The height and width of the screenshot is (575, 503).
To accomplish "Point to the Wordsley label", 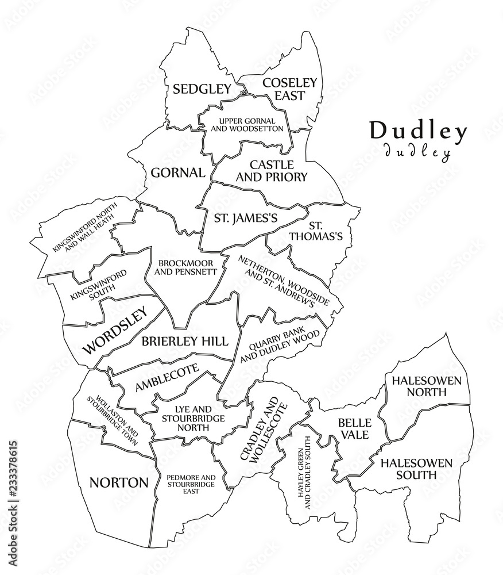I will pyautogui.click(x=115, y=329).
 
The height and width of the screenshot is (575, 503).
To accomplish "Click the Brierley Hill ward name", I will pyautogui.click(x=185, y=340).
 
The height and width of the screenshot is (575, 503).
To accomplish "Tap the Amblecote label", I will pyautogui.click(x=167, y=378).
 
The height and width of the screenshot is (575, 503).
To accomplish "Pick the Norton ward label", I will pyautogui.click(x=118, y=482).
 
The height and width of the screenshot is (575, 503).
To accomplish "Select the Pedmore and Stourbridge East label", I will pyautogui.click(x=191, y=485).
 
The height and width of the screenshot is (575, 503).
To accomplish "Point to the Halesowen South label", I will pyautogui.click(x=416, y=469).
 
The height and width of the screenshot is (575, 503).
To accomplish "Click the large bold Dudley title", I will pyautogui.click(x=418, y=131).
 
